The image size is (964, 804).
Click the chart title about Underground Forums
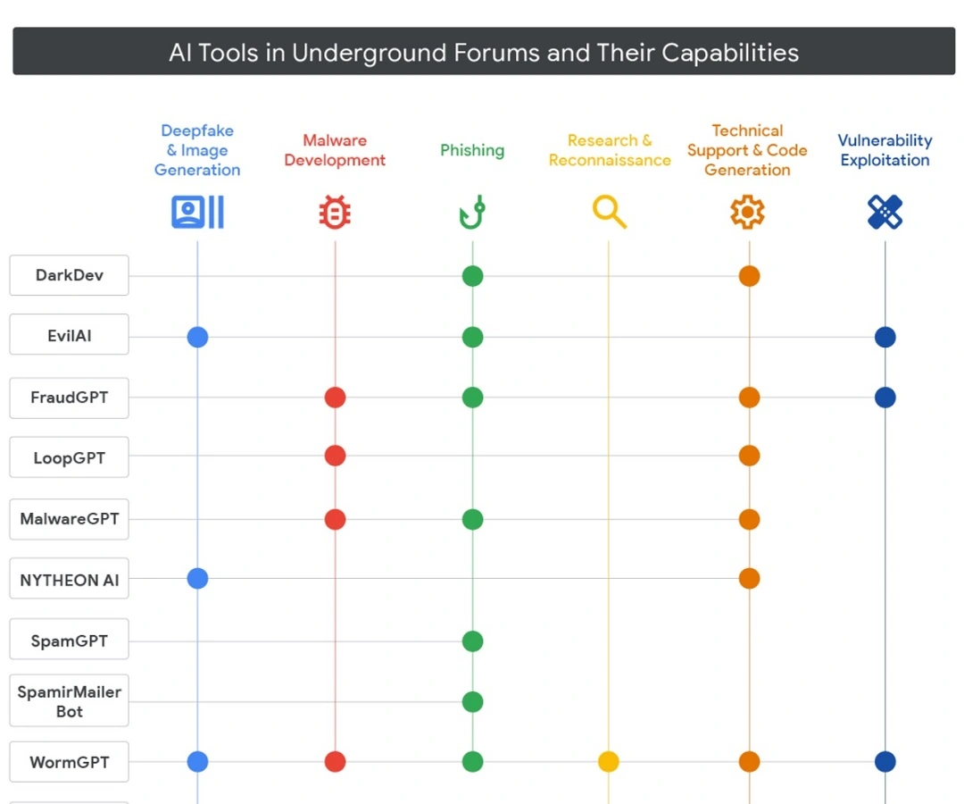coord(483,52)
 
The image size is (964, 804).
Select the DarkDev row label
coord(69,275)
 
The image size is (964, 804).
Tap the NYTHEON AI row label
coord(69,580)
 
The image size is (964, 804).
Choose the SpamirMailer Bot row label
coord(69,701)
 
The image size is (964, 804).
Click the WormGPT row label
coord(69,762)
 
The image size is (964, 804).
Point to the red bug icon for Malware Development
coord(335,213)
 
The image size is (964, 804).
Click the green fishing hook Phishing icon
coord(472,213)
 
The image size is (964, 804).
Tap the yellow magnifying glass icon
coord(609,213)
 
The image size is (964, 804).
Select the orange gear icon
coord(748,213)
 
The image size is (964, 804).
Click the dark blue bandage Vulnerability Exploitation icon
coord(885,213)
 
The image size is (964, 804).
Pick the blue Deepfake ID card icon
coord(197,213)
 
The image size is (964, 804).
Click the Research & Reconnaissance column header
coord(610,150)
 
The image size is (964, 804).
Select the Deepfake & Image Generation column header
coord(197,150)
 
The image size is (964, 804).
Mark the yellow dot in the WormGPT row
coord(609,762)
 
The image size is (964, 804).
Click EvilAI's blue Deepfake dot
coord(197,337)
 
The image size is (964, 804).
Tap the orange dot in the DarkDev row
coord(749,276)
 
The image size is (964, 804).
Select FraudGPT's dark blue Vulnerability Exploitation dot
coord(885,398)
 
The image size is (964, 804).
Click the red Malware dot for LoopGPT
coord(335,456)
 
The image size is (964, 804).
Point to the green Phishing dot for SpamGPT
coord(472,641)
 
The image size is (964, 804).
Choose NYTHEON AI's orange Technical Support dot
coord(749,579)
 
